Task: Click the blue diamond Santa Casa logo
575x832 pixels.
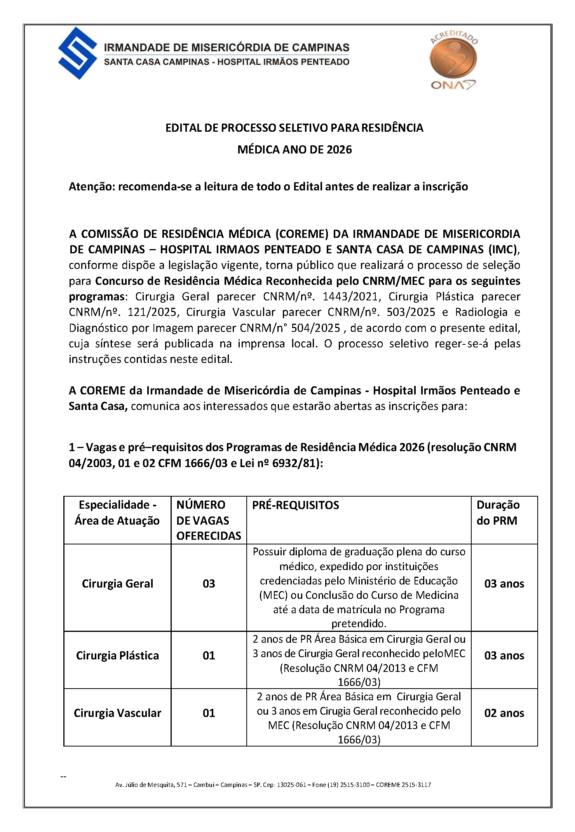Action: click(x=77, y=53)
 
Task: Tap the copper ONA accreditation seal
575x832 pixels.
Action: click(x=453, y=59)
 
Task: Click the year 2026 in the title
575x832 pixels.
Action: click(x=339, y=150)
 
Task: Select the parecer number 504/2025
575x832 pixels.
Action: click(x=316, y=328)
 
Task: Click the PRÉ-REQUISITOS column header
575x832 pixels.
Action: click(x=295, y=505)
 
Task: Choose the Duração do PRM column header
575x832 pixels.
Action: click(x=498, y=513)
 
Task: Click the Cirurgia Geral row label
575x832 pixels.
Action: click(x=117, y=584)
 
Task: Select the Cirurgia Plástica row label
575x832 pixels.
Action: click(x=117, y=656)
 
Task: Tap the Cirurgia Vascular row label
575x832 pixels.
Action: click(x=117, y=713)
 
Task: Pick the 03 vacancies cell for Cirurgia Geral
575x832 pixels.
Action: click(x=209, y=584)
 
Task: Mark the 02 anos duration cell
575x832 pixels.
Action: click(x=504, y=713)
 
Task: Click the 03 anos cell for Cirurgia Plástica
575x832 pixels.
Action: click(x=504, y=656)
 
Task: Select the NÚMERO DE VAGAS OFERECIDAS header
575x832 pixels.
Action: click(x=209, y=520)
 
